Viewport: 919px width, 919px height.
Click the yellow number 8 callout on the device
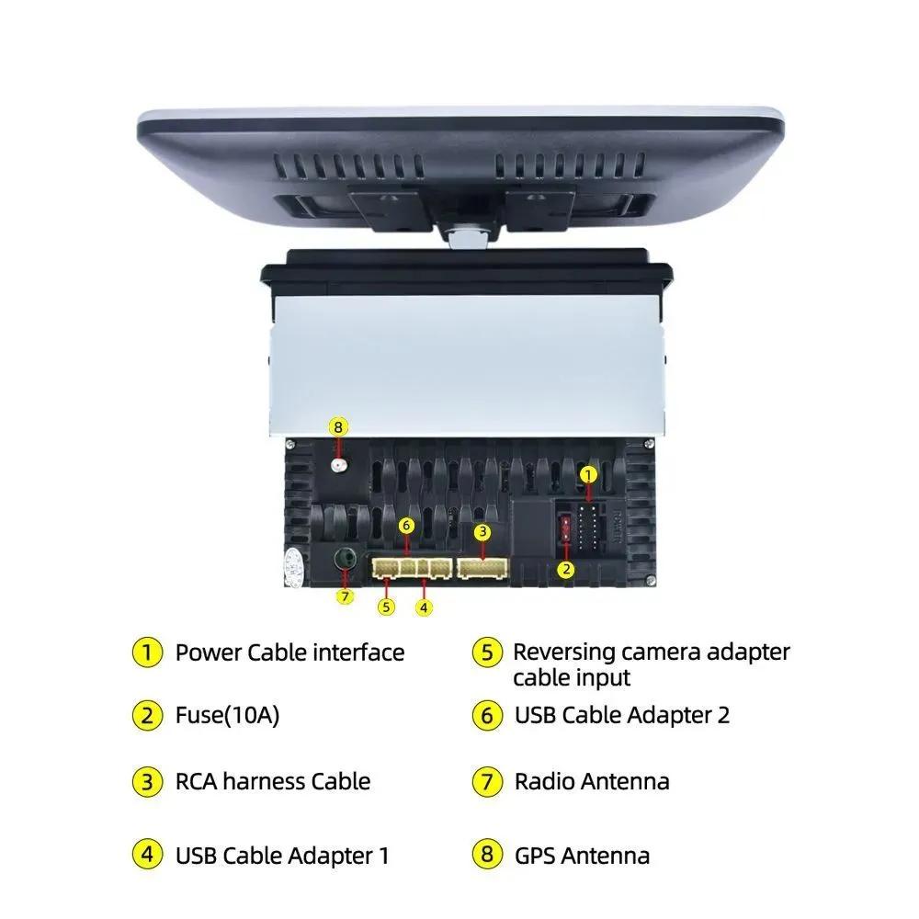(338, 426)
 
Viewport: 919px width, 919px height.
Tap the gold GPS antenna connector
(339, 466)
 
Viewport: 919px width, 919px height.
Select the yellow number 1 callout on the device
(589, 474)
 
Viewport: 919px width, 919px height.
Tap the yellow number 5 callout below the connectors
(386, 607)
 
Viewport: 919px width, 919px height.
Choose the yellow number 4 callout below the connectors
(423, 607)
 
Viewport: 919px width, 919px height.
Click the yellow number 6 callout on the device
(407, 525)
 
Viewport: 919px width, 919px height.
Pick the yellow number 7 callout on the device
(345, 596)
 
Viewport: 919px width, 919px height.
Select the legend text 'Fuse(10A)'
(227, 715)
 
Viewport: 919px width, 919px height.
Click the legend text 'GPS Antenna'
(582, 856)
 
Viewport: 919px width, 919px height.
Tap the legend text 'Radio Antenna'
(592, 782)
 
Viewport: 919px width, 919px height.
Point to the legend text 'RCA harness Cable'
(273, 782)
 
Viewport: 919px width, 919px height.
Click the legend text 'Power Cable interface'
(289, 652)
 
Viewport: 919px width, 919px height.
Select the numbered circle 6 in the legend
(487, 715)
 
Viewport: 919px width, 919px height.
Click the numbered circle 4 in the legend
(147, 856)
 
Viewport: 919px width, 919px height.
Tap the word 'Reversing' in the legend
(563, 652)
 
